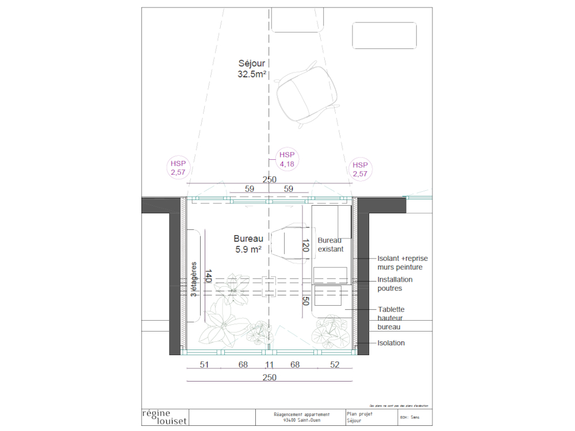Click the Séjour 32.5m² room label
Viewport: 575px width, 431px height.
click(252, 68)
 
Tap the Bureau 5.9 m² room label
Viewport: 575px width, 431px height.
click(248, 244)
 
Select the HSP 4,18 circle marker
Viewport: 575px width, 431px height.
click(287, 160)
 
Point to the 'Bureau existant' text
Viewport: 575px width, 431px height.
click(331, 245)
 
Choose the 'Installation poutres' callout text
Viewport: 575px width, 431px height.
click(402, 284)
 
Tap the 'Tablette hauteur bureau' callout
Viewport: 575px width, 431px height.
click(396, 318)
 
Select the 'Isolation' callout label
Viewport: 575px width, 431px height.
click(391, 343)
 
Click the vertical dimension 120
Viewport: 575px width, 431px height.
click(305, 247)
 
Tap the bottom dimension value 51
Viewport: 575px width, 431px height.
click(204, 364)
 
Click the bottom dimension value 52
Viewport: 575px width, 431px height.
click(335, 364)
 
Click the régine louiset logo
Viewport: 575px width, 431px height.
click(164, 417)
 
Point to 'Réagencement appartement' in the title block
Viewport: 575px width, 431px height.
click(302, 414)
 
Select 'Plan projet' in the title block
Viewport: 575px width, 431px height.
click(360, 414)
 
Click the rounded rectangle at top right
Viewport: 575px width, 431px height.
click(384, 36)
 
